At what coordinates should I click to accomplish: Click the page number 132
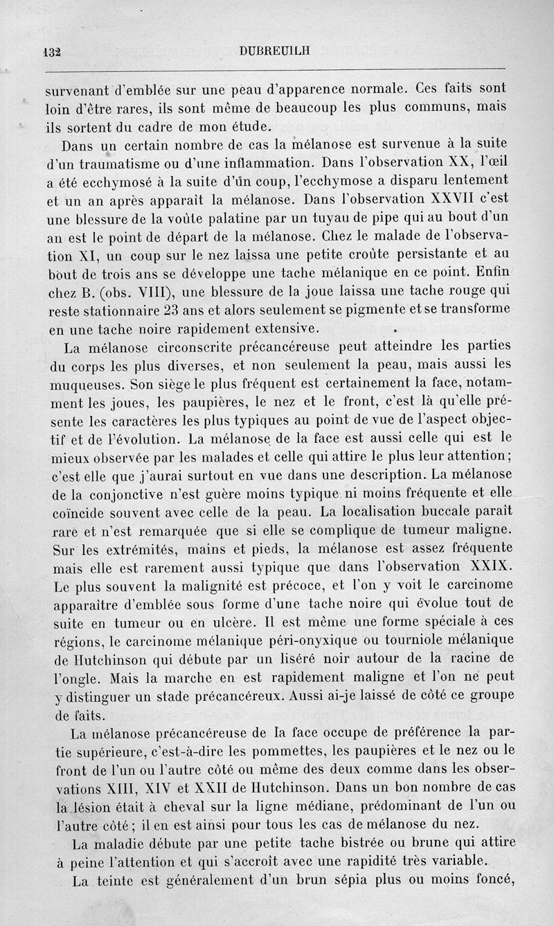pyautogui.click(x=53, y=51)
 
